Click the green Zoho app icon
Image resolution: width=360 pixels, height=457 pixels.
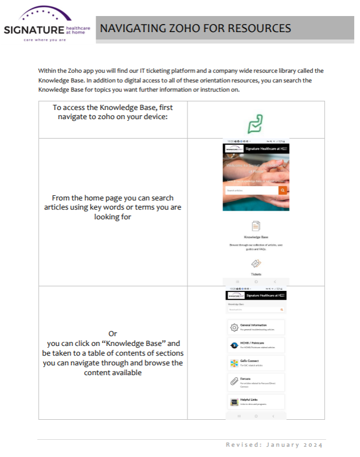pos(255,124)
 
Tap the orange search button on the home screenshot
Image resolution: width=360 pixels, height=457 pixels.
pos(283,190)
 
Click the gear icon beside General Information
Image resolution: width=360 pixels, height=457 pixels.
pos(234,328)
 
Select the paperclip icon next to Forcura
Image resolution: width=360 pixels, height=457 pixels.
pos(234,381)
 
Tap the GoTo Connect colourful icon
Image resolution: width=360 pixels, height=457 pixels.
pos(234,363)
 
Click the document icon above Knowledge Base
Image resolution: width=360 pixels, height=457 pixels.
pos(256,226)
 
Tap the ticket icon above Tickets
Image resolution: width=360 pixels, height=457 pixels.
pos(256,263)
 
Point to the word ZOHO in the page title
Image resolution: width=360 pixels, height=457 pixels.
pos(182,29)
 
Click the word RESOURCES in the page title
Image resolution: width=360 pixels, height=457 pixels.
pos(260,29)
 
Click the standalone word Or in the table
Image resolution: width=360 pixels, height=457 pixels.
pos(112,333)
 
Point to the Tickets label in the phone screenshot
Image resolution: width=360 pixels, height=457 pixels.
pos(256,274)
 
